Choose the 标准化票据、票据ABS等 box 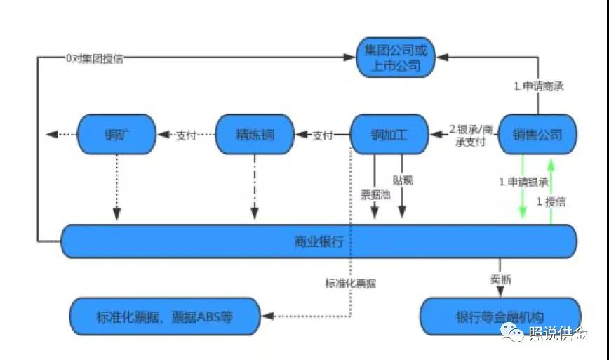164,316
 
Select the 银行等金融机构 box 500,316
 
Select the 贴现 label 403,180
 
